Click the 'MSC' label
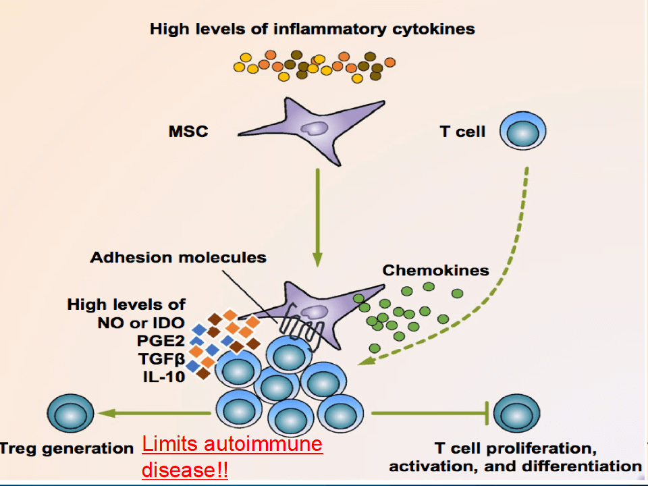pyautogui.click(x=188, y=131)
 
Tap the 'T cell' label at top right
pyautogui.click(x=462, y=131)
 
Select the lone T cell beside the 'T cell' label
pyautogui.click(x=522, y=131)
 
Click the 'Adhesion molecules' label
pyautogui.click(x=178, y=257)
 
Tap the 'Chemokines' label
pyautogui.click(x=435, y=271)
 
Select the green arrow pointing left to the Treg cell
pyautogui.click(x=155, y=413)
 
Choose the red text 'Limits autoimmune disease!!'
pyautogui.click(x=232, y=456)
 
